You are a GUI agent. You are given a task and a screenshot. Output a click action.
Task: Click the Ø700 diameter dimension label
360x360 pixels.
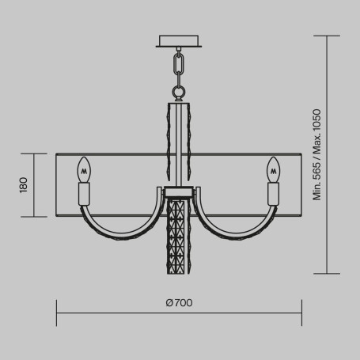180,303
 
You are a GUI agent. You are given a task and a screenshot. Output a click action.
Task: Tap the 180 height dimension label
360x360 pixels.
24,185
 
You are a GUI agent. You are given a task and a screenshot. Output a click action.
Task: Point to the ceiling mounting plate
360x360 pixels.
180,41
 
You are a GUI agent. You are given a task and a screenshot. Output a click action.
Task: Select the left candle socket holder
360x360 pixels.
84,193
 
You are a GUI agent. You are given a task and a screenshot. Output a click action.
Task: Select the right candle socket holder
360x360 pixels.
275,193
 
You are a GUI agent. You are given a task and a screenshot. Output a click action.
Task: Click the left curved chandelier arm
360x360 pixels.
119,228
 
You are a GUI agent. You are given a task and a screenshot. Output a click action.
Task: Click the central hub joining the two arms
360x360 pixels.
180,192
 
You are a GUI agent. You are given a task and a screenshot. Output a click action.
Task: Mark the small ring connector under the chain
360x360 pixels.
180,94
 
